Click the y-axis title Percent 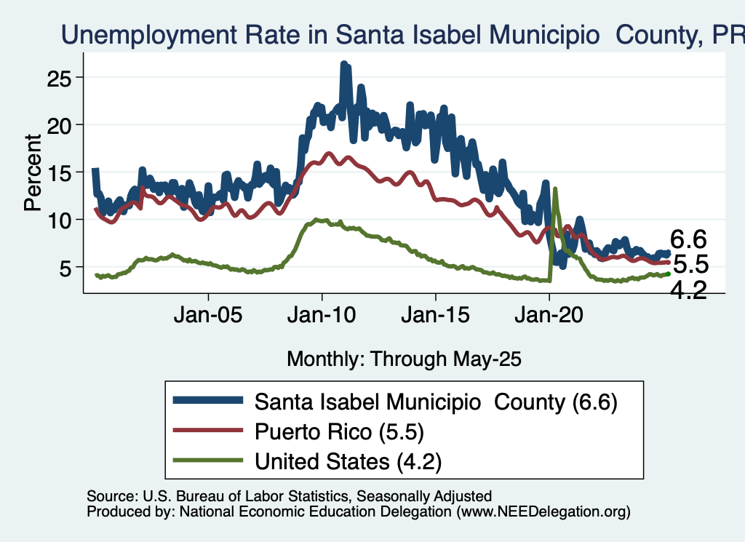click(32, 172)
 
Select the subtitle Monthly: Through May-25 click(405, 358)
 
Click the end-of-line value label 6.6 click(689, 239)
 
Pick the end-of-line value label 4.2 click(688, 290)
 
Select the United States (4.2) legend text click(348, 460)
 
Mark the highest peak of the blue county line click(344, 64)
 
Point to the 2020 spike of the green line click(555, 189)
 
